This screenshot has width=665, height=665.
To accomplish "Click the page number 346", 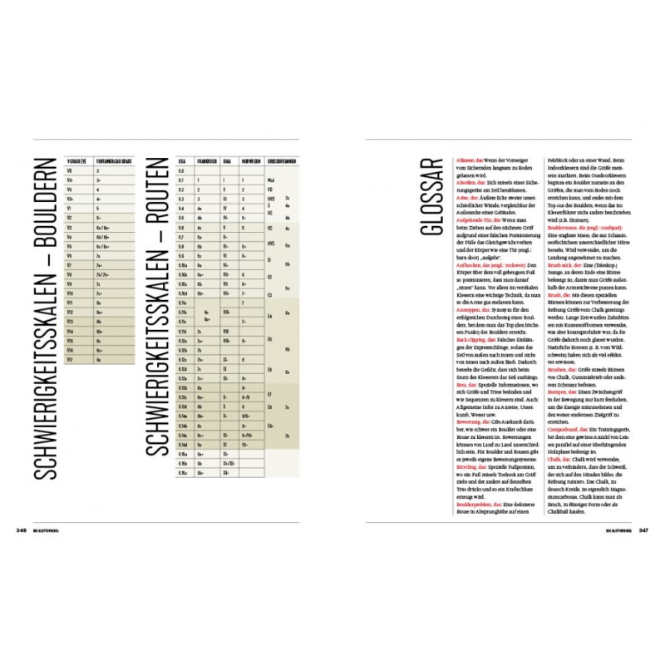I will (22, 529).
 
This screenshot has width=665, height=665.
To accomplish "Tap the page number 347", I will (643, 529).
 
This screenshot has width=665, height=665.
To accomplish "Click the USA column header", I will (182, 159).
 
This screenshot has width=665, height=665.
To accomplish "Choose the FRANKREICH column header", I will (205, 159).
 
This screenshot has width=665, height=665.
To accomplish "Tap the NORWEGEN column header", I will (251, 159).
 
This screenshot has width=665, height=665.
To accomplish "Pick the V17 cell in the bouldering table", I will (70, 360).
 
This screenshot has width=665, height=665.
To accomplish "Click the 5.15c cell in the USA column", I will (184, 471).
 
